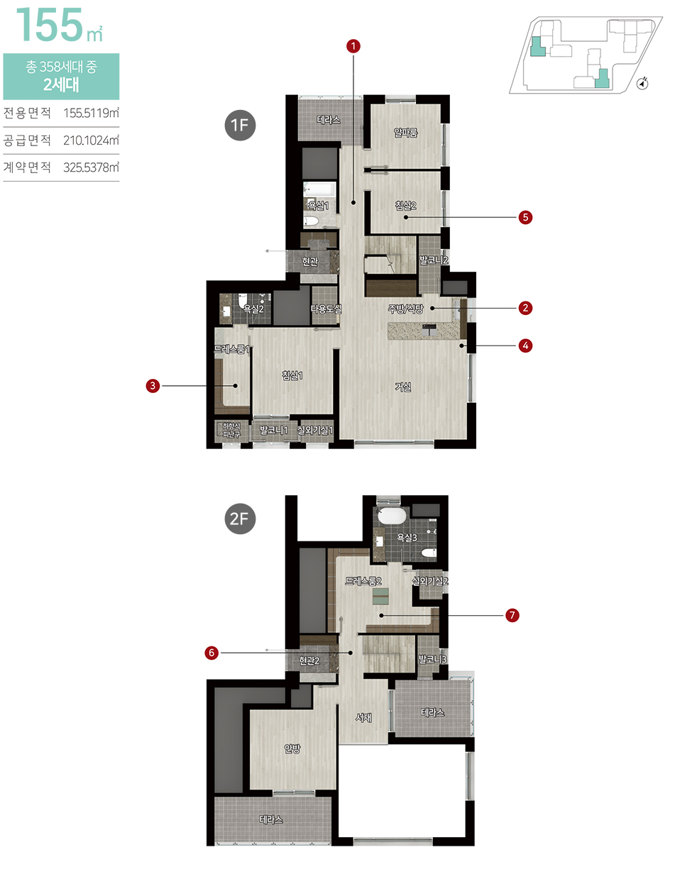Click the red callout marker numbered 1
(353, 46)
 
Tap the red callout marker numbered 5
(525, 217)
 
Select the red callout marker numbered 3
(153, 385)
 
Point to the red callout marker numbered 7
(512, 615)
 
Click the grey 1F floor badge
(240, 125)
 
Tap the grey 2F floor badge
(240, 519)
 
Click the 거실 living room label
(403, 387)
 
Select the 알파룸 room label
(405, 132)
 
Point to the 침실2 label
(405, 206)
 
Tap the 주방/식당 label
(405, 309)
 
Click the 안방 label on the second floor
(292, 748)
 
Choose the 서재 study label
(363, 717)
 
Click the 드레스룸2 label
(363, 581)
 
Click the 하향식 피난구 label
(231, 431)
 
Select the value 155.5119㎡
(91, 113)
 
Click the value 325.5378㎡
(91, 167)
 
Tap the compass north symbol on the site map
(642, 83)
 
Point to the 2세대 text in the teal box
(61, 85)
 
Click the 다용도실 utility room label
(326, 309)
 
